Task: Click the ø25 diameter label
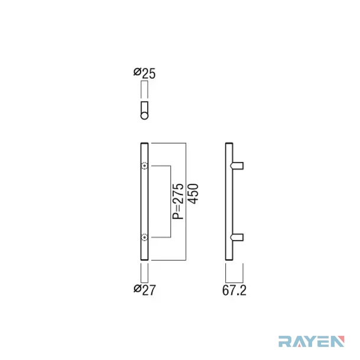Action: tap(144, 73)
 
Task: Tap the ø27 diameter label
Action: tap(145, 290)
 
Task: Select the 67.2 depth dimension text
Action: tap(234, 290)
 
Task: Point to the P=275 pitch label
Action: tap(178, 202)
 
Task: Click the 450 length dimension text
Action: tap(193, 194)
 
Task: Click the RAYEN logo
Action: tap(312, 341)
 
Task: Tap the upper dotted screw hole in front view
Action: tap(144, 166)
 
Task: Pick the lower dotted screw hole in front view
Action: tap(144, 237)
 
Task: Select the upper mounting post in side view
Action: tap(236, 166)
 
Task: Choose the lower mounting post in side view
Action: tap(236, 237)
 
